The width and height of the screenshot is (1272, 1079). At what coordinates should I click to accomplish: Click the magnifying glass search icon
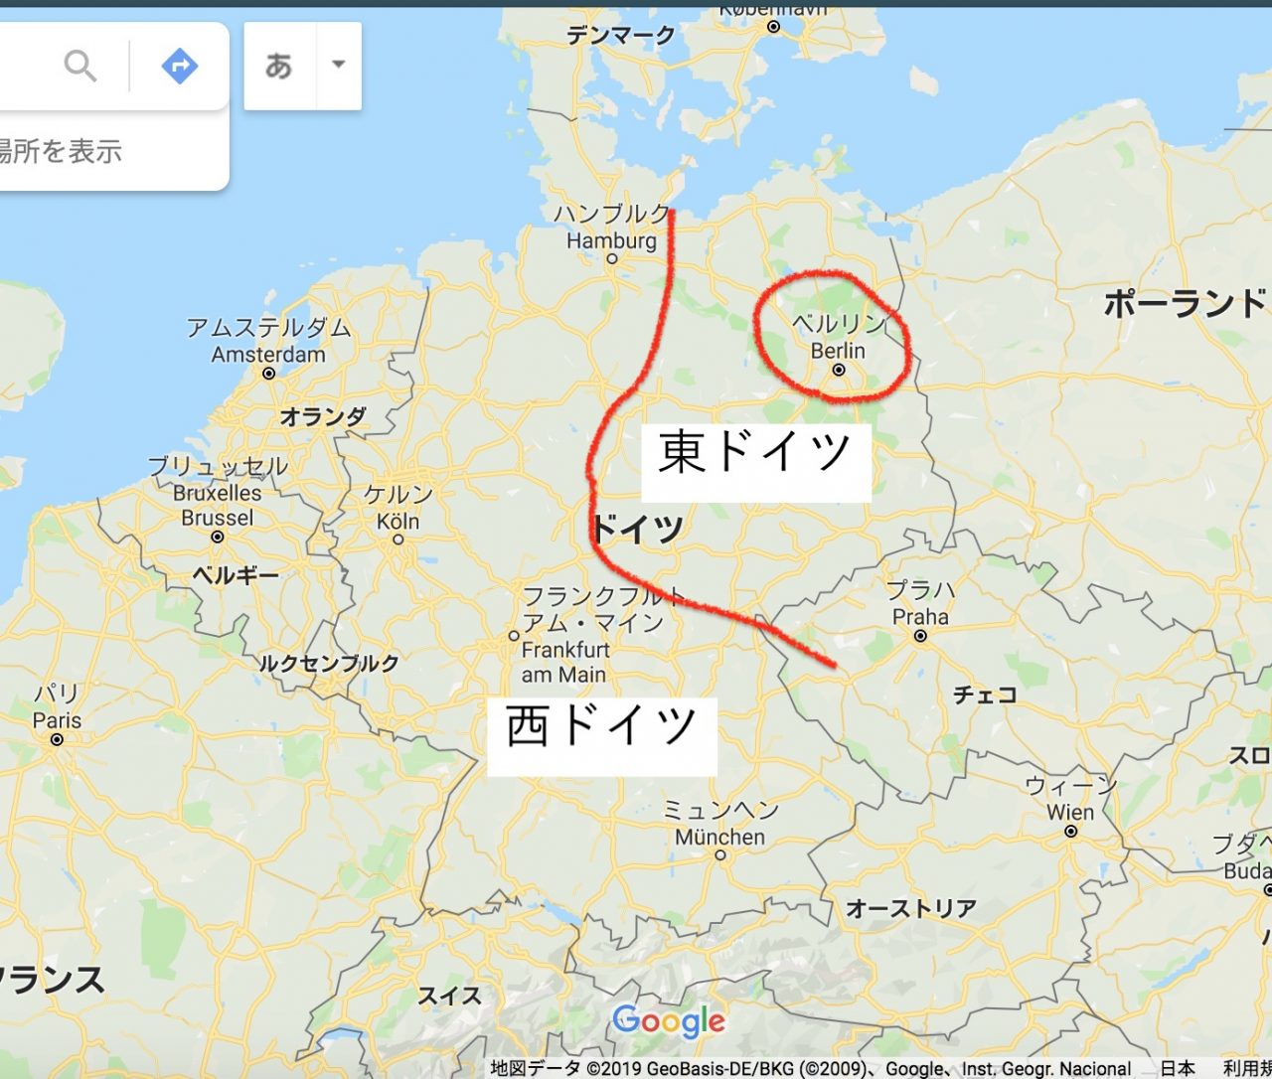tap(80, 67)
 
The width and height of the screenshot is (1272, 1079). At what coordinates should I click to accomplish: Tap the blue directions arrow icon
tap(179, 67)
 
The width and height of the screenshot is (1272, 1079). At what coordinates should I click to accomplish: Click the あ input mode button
tap(279, 66)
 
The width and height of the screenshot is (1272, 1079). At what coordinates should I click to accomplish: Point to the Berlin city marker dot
tap(839, 370)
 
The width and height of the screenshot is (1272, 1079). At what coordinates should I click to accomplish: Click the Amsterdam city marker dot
tap(268, 374)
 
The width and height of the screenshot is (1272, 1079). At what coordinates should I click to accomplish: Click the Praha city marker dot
tap(920, 636)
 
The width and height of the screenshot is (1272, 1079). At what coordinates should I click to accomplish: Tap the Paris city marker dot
tap(57, 739)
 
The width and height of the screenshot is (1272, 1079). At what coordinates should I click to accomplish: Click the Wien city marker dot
tap(1070, 832)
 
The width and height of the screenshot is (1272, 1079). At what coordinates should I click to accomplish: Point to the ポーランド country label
tap(1186, 303)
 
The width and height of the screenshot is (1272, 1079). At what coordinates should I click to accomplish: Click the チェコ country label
tap(986, 694)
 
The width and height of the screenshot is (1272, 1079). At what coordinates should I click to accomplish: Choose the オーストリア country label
tap(911, 908)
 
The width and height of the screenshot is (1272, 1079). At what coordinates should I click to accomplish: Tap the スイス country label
tap(449, 995)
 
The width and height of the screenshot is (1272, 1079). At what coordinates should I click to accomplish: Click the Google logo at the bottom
tap(669, 1020)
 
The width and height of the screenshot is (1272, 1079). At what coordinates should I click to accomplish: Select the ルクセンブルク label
tap(329, 664)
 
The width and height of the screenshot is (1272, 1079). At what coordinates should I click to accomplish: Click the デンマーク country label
tap(621, 36)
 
